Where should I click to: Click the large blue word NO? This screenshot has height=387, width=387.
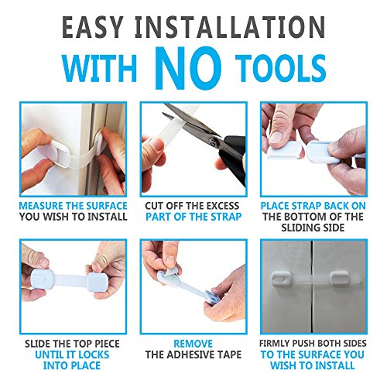click(188, 67)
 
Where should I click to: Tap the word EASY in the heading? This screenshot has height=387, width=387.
click(91, 27)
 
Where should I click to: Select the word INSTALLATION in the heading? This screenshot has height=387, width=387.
click(230, 27)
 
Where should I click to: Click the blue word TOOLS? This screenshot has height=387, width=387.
click(282, 69)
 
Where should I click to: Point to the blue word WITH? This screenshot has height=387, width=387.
click(99, 69)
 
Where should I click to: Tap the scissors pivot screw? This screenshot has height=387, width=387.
click(213, 141)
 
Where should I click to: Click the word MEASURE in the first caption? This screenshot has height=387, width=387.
click(41, 206)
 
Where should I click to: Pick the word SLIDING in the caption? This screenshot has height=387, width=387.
click(300, 228)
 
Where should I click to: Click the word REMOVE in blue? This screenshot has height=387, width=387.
click(193, 344)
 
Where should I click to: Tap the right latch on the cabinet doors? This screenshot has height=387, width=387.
click(339, 279)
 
